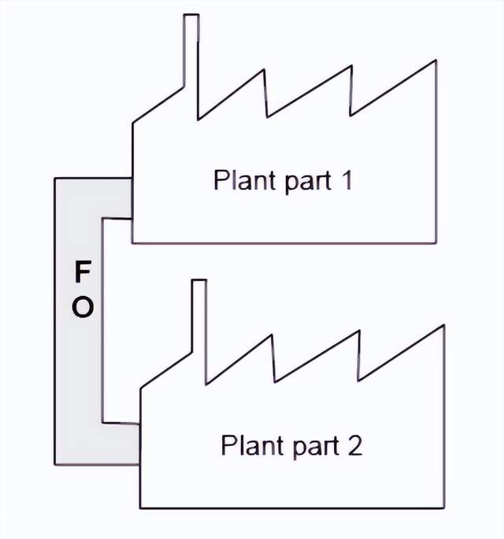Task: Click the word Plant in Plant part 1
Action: point(240,181)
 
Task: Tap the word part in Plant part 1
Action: point(302,182)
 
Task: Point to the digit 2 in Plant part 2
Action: point(354,445)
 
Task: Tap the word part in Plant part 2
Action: point(311,448)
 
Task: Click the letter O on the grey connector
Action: point(82,308)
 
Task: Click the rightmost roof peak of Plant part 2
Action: point(444,324)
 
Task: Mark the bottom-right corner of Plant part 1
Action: point(435,242)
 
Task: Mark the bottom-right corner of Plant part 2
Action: point(444,507)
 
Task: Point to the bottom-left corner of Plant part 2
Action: point(140,507)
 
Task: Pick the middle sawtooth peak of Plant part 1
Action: point(350,66)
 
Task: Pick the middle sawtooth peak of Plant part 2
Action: point(359,330)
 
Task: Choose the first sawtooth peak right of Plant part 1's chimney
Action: point(265,71)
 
